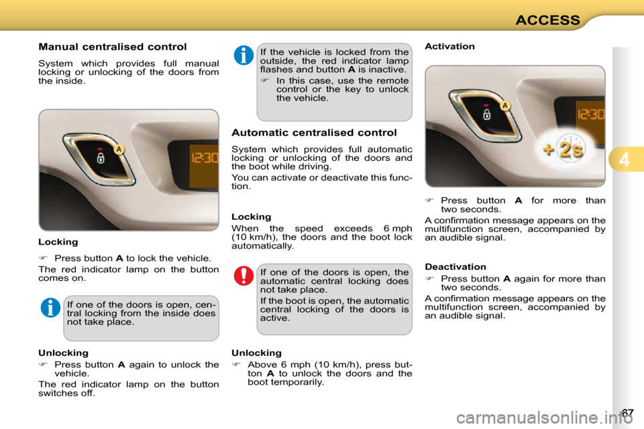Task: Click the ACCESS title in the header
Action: (x=547, y=19)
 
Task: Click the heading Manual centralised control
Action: (x=112, y=47)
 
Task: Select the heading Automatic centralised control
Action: (x=314, y=133)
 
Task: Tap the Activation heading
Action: (x=449, y=46)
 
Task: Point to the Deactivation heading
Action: (x=455, y=267)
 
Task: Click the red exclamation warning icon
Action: (x=244, y=275)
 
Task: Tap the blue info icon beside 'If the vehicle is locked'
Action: (x=244, y=56)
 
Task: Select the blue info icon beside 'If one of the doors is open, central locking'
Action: (x=50, y=308)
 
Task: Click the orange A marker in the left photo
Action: (x=118, y=149)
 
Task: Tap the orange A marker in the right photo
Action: (x=504, y=105)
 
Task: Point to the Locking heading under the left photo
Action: (x=58, y=241)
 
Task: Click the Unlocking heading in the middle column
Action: (x=256, y=353)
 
